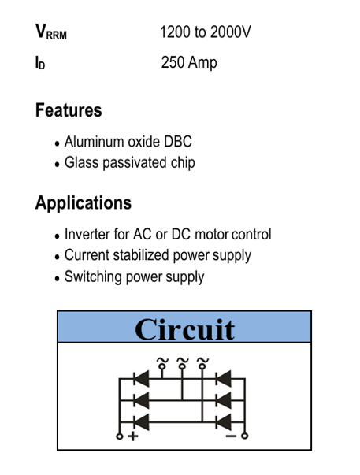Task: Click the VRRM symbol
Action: (51, 32)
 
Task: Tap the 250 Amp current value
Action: (189, 62)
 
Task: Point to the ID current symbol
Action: (40, 63)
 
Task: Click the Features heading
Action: (69, 110)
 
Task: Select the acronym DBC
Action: (178, 142)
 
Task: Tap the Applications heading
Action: (84, 202)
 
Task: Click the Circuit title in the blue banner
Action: (184, 329)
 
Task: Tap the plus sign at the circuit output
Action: (132, 436)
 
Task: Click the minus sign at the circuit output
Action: (231, 436)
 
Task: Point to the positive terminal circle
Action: (120, 436)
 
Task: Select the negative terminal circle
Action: (245, 436)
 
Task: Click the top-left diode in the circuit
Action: (141, 379)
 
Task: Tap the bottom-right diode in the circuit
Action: (224, 422)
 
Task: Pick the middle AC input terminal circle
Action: (182, 366)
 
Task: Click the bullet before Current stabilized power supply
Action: (58, 257)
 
